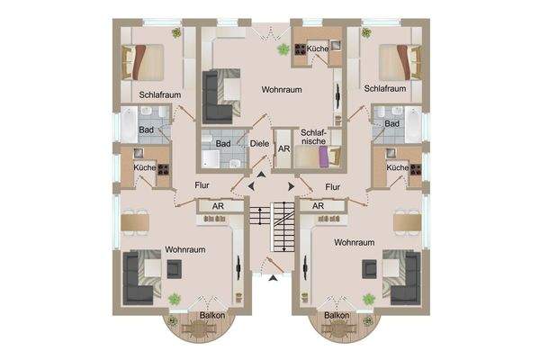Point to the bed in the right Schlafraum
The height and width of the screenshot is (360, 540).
coord(395,62)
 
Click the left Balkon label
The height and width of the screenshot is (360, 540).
coord(187,316)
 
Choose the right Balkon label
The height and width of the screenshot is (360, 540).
coord(337,316)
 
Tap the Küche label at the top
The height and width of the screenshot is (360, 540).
coord(317,48)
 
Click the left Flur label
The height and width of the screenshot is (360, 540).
coord(203,186)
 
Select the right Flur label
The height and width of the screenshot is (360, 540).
coord(333,186)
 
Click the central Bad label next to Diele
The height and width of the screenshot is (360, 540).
coord(223,144)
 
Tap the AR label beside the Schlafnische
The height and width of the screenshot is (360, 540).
coord(283,148)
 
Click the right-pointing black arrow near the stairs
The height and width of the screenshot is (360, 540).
coord(292,186)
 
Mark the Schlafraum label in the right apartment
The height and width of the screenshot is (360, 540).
coord(386,88)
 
